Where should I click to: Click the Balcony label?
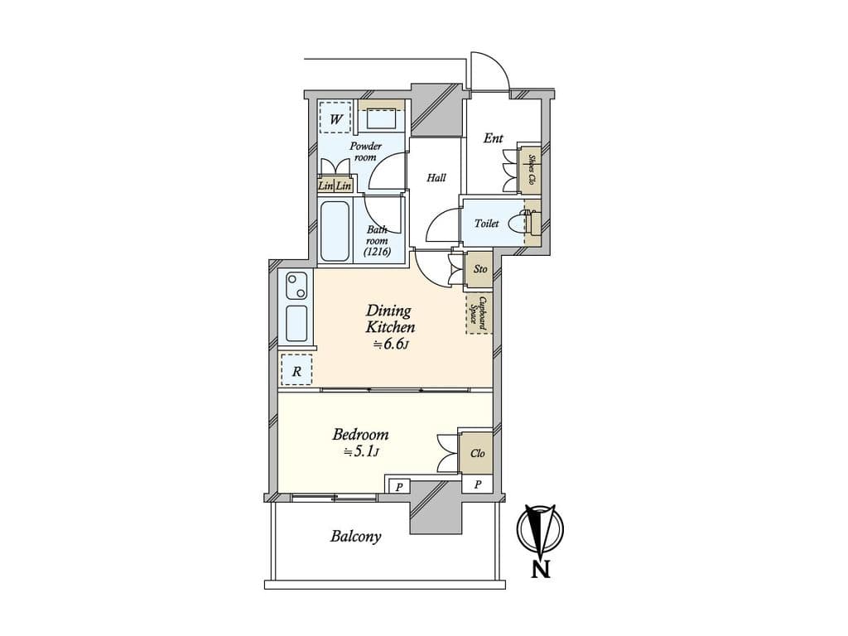pyautogui.click(x=356, y=537)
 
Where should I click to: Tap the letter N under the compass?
pyautogui.click(x=540, y=569)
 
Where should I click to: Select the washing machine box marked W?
pyautogui.click(x=335, y=118)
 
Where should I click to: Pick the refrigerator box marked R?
pyautogui.click(x=296, y=370)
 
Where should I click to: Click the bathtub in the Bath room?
pyautogui.click(x=335, y=232)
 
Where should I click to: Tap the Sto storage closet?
pyautogui.click(x=479, y=269)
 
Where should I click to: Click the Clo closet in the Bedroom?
pyautogui.click(x=476, y=453)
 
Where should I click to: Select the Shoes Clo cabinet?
pyautogui.click(x=530, y=170)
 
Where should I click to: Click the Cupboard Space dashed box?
pyautogui.click(x=479, y=313)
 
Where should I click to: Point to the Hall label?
pyautogui.click(x=436, y=177)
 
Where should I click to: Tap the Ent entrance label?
pyautogui.click(x=494, y=138)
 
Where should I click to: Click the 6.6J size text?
pyautogui.click(x=389, y=344)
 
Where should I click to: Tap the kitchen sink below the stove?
pyautogui.click(x=296, y=323)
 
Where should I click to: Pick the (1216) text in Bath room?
pyautogui.click(x=377, y=252)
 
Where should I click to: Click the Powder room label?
pyautogui.click(x=365, y=152)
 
